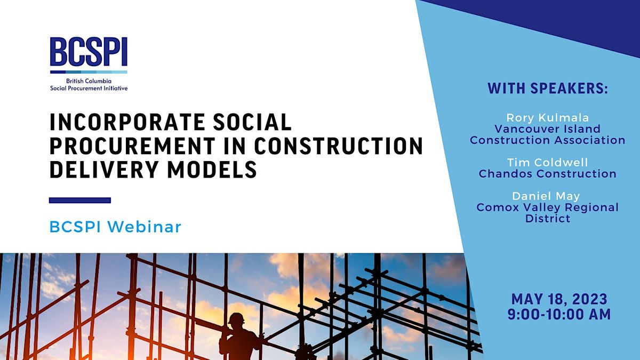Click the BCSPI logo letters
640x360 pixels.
[x=89, y=53]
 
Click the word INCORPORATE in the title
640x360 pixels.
[x=125, y=123]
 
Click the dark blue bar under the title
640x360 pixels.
[x=80, y=201]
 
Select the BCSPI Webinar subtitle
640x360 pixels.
[x=115, y=227]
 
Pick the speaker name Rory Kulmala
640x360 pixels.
[x=547, y=117]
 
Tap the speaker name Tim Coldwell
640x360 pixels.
[x=547, y=162]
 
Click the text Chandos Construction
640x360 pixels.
[x=547, y=173]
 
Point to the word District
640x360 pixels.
[x=547, y=219]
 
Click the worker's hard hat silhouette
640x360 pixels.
[x=235, y=318]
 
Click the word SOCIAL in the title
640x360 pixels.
[x=250, y=123]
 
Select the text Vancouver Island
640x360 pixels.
[x=547, y=129]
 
